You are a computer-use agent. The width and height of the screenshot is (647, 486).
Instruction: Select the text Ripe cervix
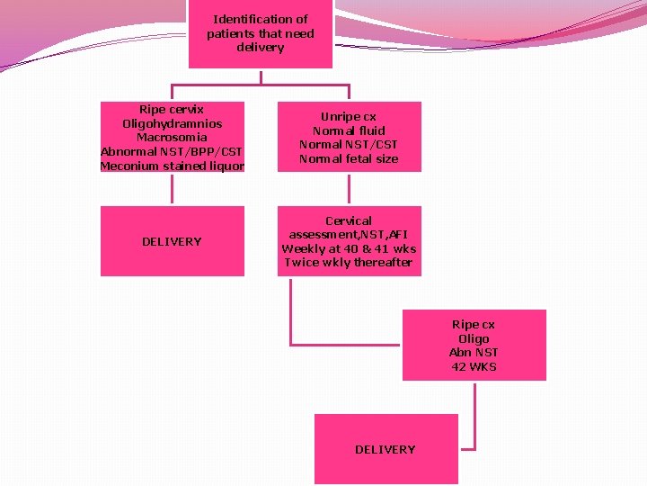coord(172,109)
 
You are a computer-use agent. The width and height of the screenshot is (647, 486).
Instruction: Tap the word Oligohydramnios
coord(172,123)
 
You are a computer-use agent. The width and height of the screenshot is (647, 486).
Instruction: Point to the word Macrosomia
coord(172,137)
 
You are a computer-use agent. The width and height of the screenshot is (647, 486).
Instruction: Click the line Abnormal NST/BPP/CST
coord(172,151)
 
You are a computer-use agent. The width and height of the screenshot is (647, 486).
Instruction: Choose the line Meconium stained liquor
coord(172,166)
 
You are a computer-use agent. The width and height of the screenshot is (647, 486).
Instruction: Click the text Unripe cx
coord(349,116)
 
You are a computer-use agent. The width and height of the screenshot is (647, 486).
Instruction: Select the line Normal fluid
coord(349,130)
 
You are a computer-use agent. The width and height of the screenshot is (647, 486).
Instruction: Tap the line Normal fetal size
coord(349,158)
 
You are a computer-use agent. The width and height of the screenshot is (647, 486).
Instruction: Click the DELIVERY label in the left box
coord(172,241)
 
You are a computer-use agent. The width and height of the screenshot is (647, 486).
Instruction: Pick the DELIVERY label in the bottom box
coord(385,449)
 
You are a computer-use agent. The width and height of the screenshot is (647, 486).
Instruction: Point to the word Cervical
coord(349,220)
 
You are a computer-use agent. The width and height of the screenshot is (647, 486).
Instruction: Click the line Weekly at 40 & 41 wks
coord(349,248)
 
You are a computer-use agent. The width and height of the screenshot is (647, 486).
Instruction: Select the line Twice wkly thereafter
coord(349,263)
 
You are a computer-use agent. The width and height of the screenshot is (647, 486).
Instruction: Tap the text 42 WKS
coord(474,366)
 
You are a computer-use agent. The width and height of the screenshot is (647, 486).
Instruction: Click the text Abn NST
coord(474,352)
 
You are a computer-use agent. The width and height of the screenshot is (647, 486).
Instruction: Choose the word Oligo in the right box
coord(474,338)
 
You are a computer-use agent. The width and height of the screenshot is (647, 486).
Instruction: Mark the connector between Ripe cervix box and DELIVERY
coord(172,189)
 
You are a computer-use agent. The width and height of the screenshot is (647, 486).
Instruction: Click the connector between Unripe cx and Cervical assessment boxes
coord(349,189)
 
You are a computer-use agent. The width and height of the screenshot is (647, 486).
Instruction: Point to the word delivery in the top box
coord(260,48)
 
